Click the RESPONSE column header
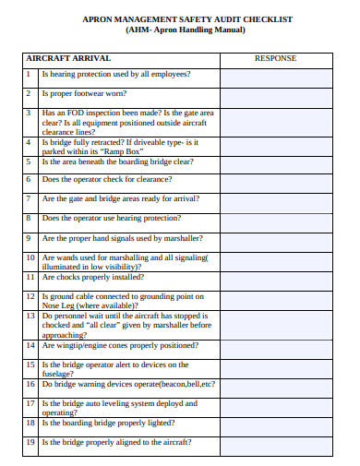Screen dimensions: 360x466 (x=275, y=58)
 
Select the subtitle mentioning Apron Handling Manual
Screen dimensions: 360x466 (x=186, y=30)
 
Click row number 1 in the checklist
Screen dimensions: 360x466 (x=30, y=73)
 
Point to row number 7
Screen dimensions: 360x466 (x=30, y=198)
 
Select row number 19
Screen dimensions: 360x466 (x=30, y=441)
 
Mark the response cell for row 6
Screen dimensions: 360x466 (x=275, y=179)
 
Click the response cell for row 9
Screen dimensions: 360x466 (x=275, y=237)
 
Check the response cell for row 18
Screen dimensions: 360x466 (x=275, y=423)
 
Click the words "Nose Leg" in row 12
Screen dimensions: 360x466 (x=59, y=305)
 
